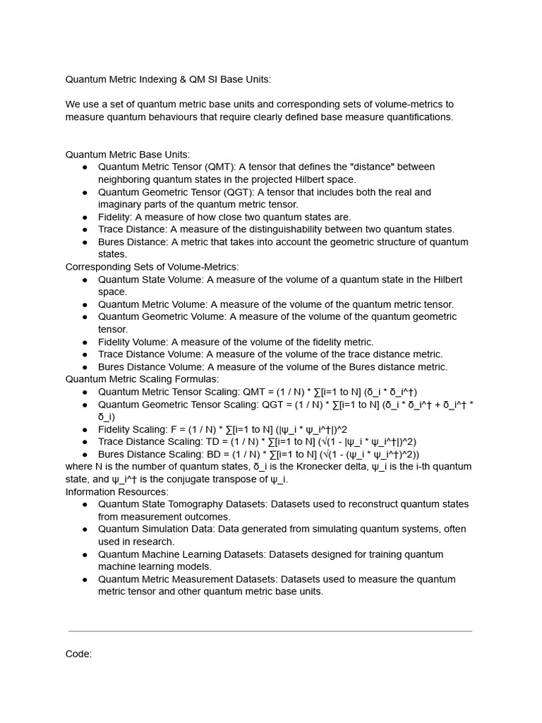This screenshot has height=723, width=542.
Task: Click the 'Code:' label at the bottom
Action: (x=78, y=654)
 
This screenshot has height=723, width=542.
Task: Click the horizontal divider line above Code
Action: (x=270, y=631)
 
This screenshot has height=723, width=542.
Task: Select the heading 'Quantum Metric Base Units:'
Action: (x=128, y=155)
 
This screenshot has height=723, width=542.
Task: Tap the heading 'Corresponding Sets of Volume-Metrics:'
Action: (x=152, y=267)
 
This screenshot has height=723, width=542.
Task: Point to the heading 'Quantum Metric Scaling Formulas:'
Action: (x=142, y=379)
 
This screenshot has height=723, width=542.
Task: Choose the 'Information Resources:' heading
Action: (x=117, y=491)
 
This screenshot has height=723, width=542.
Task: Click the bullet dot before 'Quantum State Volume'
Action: (x=85, y=280)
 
